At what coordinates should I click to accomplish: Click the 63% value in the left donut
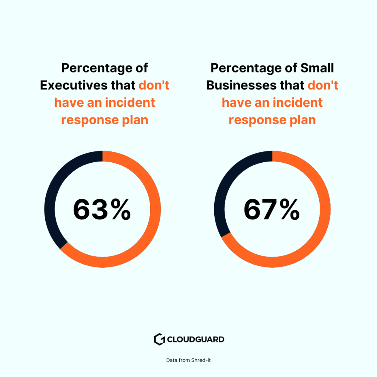click(x=102, y=209)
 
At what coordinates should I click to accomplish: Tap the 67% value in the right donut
click(x=272, y=209)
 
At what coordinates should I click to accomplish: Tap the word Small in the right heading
click(x=317, y=68)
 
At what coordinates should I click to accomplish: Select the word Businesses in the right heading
click(x=240, y=85)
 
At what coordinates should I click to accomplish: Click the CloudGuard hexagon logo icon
click(x=159, y=339)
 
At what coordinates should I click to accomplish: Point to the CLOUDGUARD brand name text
click(x=195, y=339)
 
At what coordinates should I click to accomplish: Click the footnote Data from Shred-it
click(x=188, y=360)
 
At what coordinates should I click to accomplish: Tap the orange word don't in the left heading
click(x=154, y=85)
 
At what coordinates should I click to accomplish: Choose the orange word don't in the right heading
click(x=323, y=85)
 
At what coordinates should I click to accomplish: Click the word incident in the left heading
click(x=130, y=102)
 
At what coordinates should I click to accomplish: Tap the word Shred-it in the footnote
click(x=201, y=360)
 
